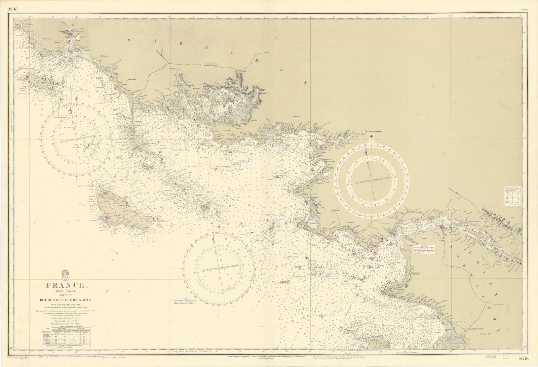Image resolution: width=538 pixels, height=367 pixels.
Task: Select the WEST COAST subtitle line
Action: [x=66, y=292]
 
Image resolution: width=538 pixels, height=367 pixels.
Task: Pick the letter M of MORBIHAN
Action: [x=129, y=40]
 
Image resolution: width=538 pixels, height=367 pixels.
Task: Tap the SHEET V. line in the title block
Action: [x=66, y=296]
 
